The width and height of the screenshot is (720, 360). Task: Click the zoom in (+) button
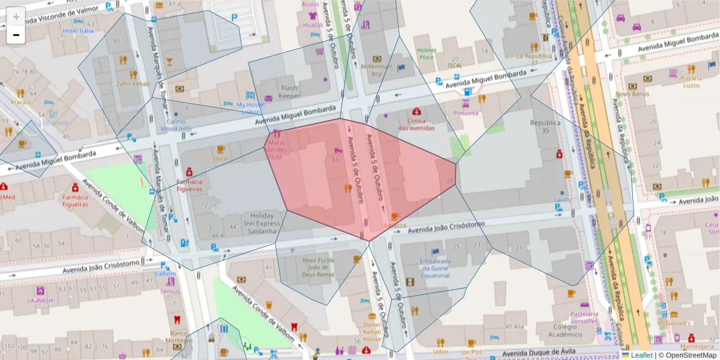[16, 17]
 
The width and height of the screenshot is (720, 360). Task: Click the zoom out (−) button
[16, 35]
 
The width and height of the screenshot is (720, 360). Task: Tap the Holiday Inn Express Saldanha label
[262, 223]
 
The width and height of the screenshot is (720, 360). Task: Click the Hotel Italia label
[78, 31]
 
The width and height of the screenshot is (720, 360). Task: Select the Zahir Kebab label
[133, 83]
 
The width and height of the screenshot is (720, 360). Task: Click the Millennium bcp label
[377, 70]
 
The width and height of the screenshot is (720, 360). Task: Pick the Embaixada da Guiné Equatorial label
[435, 268]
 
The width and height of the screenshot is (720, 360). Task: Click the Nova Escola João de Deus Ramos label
[318, 267]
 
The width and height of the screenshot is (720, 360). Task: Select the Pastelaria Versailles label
[584, 317]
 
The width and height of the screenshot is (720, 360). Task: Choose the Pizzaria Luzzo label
[691, 82]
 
